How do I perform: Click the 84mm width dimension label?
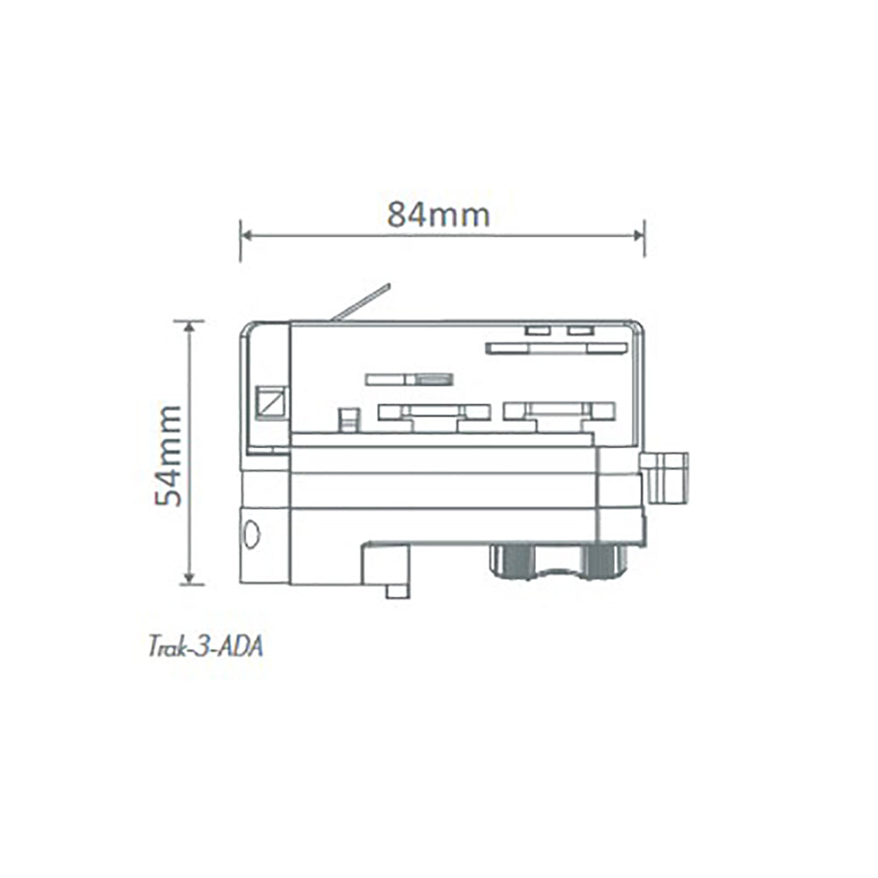point(438,214)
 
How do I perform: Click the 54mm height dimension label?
point(169,455)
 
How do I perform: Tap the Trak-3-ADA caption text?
point(205,647)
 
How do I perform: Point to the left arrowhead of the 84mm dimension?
point(247,235)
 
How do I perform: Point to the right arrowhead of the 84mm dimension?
point(639,235)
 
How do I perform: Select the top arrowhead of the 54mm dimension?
point(190,327)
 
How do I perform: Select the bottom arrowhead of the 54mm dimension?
point(190,579)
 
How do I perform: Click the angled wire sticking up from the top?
point(360,303)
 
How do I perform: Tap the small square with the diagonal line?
point(271,403)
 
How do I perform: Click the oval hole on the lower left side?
point(253,534)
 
